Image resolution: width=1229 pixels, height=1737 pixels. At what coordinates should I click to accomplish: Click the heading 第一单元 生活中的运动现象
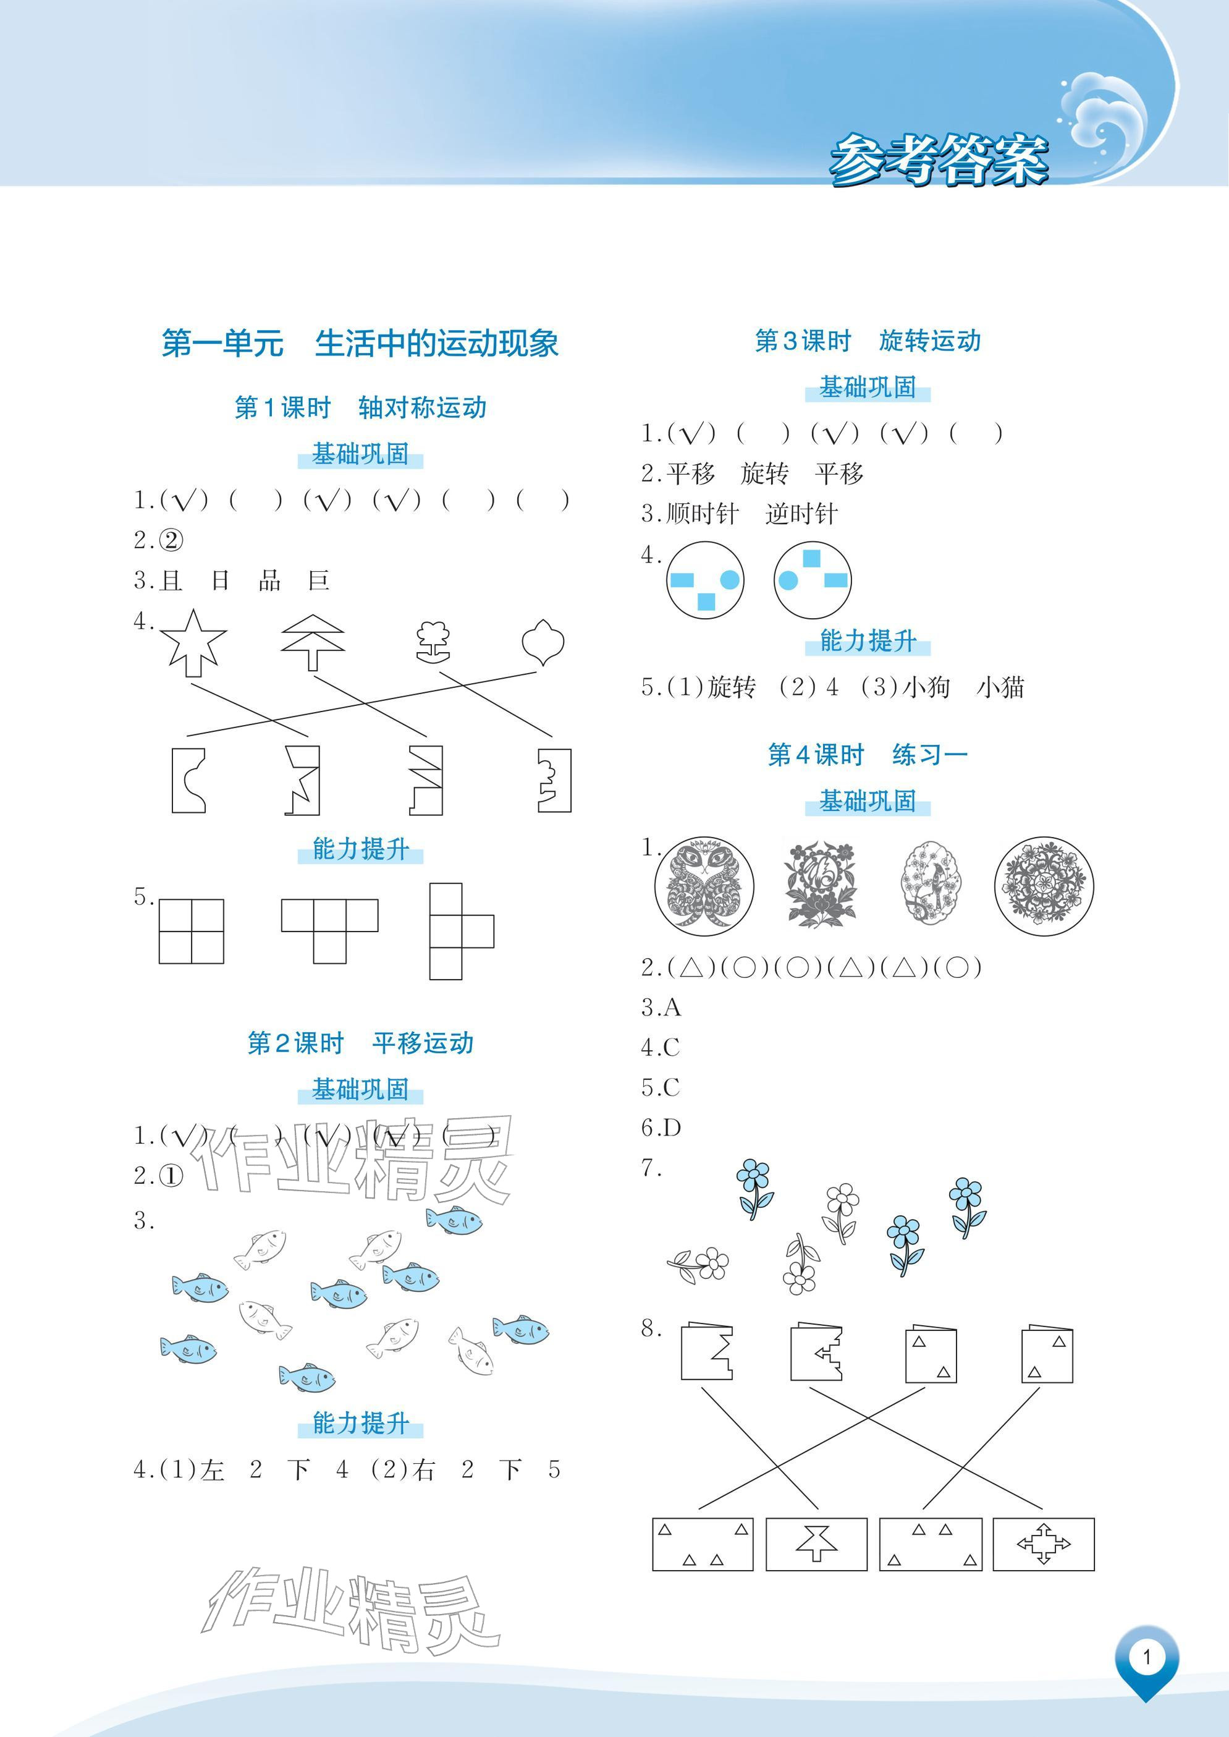[x=360, y=344]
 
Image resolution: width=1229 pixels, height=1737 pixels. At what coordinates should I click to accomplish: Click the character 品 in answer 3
[x=269, y=580]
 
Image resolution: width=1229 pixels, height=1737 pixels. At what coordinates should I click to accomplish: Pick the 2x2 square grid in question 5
[x=191, y=931]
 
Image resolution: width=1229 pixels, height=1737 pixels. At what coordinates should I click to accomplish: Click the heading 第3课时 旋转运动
[x=868, y=341]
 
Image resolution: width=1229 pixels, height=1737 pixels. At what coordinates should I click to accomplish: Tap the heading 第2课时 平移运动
[x=360, y=1043]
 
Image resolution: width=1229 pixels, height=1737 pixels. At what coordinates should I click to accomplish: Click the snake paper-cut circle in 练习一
[x=704, y=886]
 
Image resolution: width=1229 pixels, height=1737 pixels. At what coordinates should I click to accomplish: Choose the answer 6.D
[x=661, y=1128]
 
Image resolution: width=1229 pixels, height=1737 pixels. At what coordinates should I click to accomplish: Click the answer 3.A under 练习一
[x=661, y=1008]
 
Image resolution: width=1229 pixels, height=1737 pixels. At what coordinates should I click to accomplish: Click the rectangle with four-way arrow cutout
[x=1043, y=1544]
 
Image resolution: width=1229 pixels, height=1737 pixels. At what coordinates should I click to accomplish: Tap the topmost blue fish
[x=454, y=1220]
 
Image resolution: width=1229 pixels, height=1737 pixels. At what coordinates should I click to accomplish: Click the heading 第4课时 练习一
[x=868, y=755]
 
